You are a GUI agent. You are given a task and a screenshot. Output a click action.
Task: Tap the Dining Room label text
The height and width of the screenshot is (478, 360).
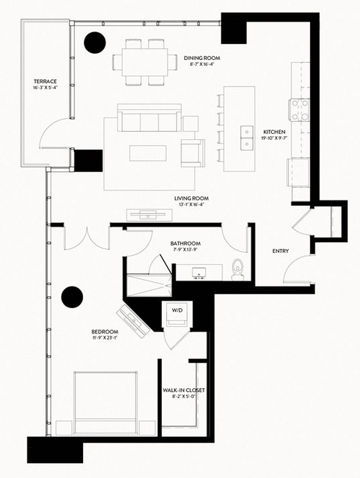(201, 58)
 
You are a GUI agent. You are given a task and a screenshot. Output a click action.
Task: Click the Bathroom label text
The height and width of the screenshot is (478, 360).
(185, 242)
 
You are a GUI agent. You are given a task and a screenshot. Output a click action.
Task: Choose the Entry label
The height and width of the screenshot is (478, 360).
(281, 251)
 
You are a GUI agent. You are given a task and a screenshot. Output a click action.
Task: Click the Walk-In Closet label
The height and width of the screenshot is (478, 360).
(183, 390)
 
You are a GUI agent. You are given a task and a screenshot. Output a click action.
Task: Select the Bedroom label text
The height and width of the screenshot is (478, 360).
(105, 331)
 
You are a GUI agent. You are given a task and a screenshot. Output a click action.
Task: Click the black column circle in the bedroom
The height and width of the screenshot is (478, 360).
(73, 297)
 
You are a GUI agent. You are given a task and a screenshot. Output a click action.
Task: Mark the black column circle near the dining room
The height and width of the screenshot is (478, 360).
(95, 43)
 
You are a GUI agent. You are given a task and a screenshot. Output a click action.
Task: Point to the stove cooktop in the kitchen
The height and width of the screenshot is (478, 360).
(300, 110)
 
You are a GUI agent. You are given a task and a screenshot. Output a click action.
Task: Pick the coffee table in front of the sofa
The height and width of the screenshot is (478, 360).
(147, 153)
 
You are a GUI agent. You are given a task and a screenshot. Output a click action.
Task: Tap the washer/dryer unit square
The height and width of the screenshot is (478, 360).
(177, 317)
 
